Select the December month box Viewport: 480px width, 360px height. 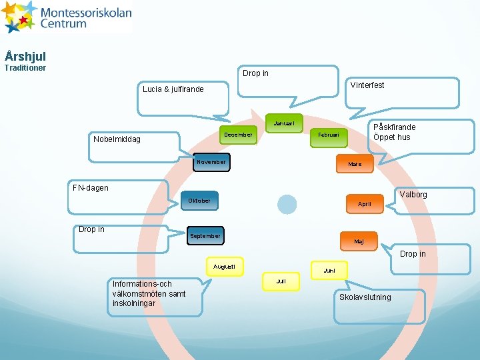click(x=239, y=135)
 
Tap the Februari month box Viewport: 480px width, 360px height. click(x=329, y=135)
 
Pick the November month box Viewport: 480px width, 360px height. click(x=211, y=162)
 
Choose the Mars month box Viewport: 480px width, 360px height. click(x=355, y=164)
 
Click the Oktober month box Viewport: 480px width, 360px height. click(x=199, y=201)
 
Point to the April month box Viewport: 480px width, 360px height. click(x=365, y=204)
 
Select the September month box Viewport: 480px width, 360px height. click(x=205, y=236)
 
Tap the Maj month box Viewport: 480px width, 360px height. click(x=359, y=241)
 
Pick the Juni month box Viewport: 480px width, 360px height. click(x=329, y=271)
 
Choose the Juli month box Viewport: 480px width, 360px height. click(x=281, y=281)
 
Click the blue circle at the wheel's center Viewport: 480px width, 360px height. click(x=287, y=204)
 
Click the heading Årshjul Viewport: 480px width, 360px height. click(x=25, y=57)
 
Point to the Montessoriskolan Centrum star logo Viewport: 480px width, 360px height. click(x=19, y=17)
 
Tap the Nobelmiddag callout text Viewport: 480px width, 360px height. click(x=117, y=139)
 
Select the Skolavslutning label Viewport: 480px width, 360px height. click(x=365, y=297)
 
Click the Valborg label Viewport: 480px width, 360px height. click(x=413, y=195)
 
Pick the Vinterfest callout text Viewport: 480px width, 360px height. click(x=367, y=85)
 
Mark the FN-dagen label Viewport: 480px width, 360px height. click(x=91, y=188)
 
